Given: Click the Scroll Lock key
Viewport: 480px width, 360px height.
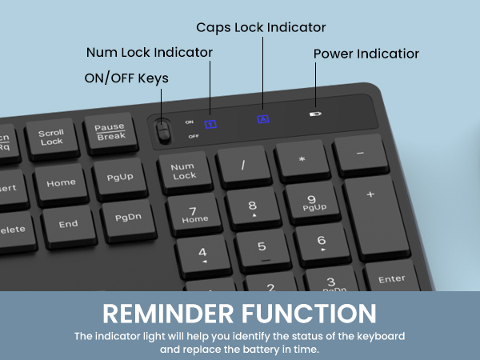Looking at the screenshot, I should (51, 137).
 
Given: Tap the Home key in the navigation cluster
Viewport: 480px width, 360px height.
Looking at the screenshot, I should (61, 182).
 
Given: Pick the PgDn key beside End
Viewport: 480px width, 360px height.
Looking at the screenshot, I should (128, 217).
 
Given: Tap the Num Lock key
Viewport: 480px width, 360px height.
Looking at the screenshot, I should (184, 170).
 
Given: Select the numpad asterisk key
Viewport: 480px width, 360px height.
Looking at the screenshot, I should (302, 158).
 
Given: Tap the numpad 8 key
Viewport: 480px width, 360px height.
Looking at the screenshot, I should (253, 206).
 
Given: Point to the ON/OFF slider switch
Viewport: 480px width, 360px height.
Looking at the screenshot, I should (164, 130).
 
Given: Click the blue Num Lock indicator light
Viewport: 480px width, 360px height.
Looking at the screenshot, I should (211, 124).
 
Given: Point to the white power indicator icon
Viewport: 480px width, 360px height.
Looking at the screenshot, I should (315, 114).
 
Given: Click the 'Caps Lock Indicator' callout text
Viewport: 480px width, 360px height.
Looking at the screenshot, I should (261, 27).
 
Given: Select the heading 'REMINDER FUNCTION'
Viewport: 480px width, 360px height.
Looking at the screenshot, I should (240, 310).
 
